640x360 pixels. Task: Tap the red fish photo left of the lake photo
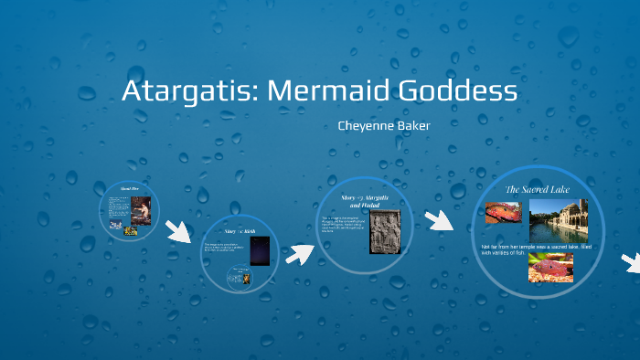pos(504,212)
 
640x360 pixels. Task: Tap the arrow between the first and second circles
pos(178,230)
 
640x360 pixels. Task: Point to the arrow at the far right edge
pos(631,261)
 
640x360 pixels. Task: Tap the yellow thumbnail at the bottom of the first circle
pos(131,231)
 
